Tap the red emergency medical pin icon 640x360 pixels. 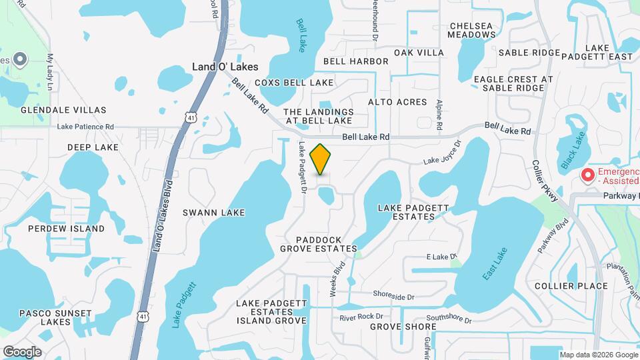point(588,176)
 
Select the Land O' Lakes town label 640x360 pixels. point(225,67)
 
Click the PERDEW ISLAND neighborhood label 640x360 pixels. point(66,229)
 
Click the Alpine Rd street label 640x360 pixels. point(439,115)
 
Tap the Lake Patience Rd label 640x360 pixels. point(85,126)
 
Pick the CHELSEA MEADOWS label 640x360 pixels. point(471,29)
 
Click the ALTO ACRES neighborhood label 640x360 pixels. point(397,102)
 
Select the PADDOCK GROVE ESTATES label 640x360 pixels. point(319,244)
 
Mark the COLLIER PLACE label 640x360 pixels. point(571,286)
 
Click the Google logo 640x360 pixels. point(22,351)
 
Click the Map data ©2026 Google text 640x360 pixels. point(598,355)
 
